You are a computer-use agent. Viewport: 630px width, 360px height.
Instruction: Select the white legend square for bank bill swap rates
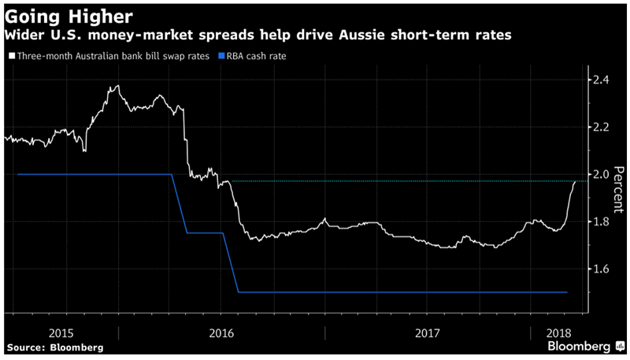click(x=10, y=57)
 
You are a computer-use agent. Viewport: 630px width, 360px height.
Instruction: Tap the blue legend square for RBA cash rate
click(x=223, y=57)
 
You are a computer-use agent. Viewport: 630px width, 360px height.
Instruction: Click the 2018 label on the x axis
click(x=561, y=331)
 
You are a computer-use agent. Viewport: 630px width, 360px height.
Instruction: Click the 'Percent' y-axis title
click(x=619, y=189)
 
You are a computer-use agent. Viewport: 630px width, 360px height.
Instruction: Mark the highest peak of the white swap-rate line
click(x=118, y=86)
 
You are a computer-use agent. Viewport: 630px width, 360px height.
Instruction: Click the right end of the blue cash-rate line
click(x=566, y=292)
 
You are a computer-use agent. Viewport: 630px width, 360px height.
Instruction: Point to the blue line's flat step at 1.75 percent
click(x=205, y=233)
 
